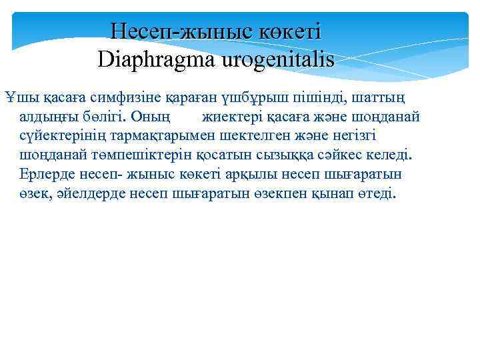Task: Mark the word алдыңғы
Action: click(x=50, y=118)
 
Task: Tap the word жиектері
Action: click(x=235, y=118)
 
